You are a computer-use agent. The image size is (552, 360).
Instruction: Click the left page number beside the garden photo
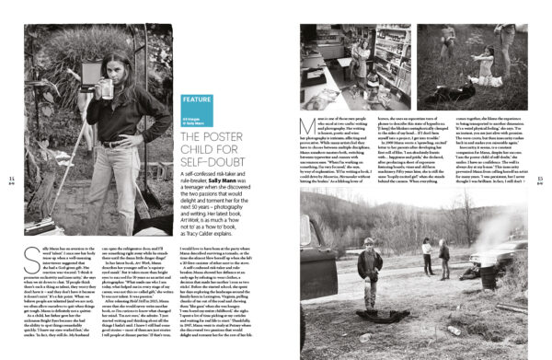coord(10,180)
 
